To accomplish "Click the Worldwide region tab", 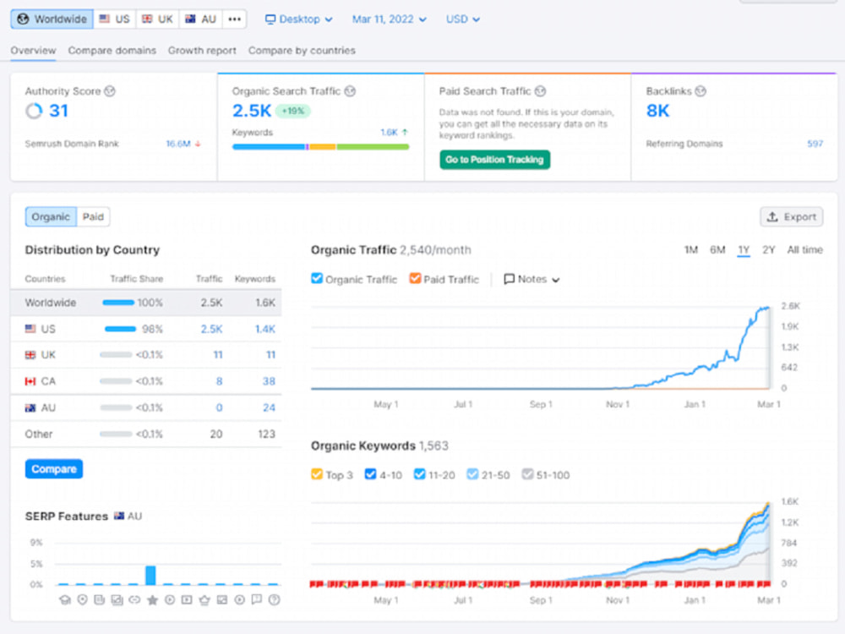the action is [x=52, y=19].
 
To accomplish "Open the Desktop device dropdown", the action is [x=298, y=19].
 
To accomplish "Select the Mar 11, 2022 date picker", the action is [x=389, y=19].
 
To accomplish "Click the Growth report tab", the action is [x=202, y=51].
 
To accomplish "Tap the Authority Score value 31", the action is [x=59, y=111].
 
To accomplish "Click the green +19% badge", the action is [x=293, y=111].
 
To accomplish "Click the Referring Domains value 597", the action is [x=815, y=144].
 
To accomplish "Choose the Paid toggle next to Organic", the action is [x=93, y=216].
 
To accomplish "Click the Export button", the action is [x=791, y=216].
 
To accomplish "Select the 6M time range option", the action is [x=717, y=250].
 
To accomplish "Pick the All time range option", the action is [x=804, y=250].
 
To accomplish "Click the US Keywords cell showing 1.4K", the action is [x=265, y=329].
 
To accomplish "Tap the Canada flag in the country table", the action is [x=30, y=382].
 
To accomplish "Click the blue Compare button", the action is [x=54, y=469].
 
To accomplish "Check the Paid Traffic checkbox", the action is [x=415, y=279].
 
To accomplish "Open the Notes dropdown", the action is [x=532, y=279].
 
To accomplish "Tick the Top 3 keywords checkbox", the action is [x=317, y=474].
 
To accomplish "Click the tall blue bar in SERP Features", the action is [x=151, y=575].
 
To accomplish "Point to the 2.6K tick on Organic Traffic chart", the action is [x=791, y=306].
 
